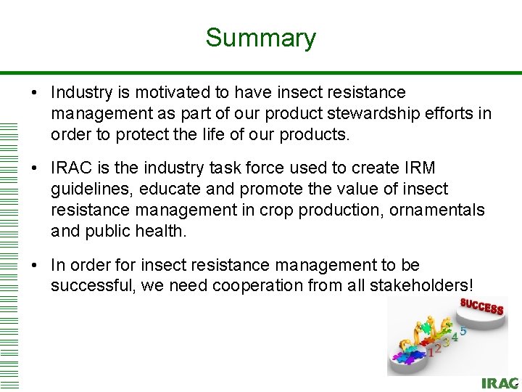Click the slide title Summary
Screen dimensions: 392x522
260,38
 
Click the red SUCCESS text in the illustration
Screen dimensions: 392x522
481,307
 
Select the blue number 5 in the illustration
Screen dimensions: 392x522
463,330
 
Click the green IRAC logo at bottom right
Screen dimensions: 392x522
500,383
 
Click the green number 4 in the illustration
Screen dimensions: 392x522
455,336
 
